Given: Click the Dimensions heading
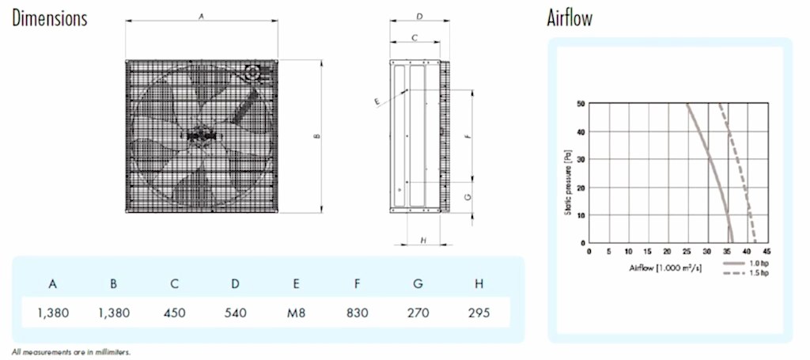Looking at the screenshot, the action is tap(50, 18).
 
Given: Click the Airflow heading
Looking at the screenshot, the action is tap(570, 18).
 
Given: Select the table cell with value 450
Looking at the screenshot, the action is tap(174, 313).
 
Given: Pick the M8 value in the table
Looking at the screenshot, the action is tap(296, 313).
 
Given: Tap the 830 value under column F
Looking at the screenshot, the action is tap(357, 313).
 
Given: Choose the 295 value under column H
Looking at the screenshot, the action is tap(479, 313).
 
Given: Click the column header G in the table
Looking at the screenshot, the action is tap(418, 283).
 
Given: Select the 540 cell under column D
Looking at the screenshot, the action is tap(235, 313).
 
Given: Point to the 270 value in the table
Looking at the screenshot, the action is tap(418, 313).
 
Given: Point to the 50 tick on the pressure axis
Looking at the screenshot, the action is tap(581, 104).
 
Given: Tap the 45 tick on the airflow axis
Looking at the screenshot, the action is tap(766, 252).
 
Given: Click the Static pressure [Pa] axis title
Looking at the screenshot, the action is tap(568, 182).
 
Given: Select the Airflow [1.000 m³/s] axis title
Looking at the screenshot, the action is tap(665, 268).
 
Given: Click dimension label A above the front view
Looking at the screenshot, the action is tap(202, 17).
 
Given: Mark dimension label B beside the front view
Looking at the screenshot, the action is tap(317, 136).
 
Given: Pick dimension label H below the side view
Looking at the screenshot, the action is tap(423, 241).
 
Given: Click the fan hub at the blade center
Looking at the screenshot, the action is tap(196, 135).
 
